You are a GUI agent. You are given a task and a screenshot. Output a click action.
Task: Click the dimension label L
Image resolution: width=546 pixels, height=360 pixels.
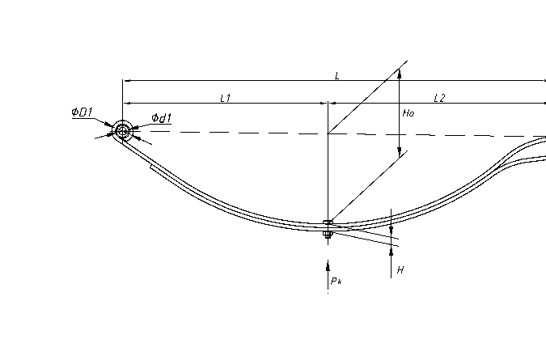click(336, 75)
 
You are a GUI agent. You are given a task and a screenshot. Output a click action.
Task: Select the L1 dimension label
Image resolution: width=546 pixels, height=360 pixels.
click(226, 98)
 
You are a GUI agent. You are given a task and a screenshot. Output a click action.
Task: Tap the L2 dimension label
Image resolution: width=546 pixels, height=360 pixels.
click(439, 98)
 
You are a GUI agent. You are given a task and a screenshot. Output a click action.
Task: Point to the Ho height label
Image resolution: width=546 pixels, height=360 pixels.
click(408, 113)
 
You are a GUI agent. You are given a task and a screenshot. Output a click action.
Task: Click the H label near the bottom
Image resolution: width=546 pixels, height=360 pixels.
click(400, 270)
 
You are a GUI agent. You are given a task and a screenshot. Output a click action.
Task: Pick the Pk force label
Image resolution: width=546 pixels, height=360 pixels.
click(336, 281)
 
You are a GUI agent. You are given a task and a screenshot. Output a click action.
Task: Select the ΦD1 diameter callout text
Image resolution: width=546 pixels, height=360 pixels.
click(83, 112)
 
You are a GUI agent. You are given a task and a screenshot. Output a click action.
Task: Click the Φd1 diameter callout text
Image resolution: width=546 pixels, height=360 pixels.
click(162, 117)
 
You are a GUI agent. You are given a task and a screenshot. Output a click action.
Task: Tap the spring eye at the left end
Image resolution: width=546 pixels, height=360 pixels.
click(122, 131)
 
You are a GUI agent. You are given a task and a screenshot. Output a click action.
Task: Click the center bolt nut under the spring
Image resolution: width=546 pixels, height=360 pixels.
click(328, 235)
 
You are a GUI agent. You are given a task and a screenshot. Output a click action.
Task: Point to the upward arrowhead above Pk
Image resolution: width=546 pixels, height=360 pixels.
click(328, 266)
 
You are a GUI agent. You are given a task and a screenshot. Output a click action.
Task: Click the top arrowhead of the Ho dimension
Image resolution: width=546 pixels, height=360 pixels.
click(400, 74)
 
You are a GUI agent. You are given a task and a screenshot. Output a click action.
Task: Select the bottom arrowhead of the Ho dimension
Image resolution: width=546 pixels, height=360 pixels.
click(400, 152)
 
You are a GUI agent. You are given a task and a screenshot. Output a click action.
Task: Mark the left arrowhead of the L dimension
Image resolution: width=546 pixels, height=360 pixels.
click(128, 80)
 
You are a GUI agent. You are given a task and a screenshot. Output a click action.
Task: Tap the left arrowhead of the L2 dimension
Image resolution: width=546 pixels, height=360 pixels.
click(333, 103)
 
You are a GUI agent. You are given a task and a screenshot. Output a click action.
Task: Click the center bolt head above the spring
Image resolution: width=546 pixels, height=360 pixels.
click(328, 222)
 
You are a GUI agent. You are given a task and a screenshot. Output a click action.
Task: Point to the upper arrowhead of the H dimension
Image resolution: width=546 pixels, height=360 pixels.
click(391, 230)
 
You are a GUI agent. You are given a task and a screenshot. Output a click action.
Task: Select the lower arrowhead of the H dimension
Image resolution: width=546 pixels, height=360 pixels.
click(391, 252)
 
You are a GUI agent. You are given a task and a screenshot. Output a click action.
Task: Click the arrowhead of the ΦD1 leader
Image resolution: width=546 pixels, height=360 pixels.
click(109, 125)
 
